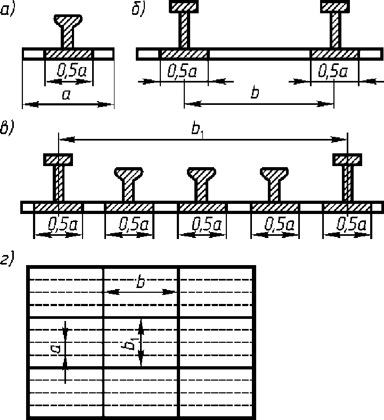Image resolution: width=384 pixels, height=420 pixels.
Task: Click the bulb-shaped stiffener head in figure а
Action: pos(68,22)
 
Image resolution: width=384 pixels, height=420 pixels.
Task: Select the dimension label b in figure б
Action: pos(255,94)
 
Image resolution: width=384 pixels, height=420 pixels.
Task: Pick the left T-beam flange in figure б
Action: pos(184,7)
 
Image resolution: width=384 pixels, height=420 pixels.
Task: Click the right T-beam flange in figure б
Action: pos(336,7)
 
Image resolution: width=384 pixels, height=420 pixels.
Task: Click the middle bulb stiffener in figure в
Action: pos(201,174)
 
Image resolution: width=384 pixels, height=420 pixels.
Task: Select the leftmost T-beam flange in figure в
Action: pos(58,159)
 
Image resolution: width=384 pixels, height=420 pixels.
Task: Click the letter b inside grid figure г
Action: pos(141,282)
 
